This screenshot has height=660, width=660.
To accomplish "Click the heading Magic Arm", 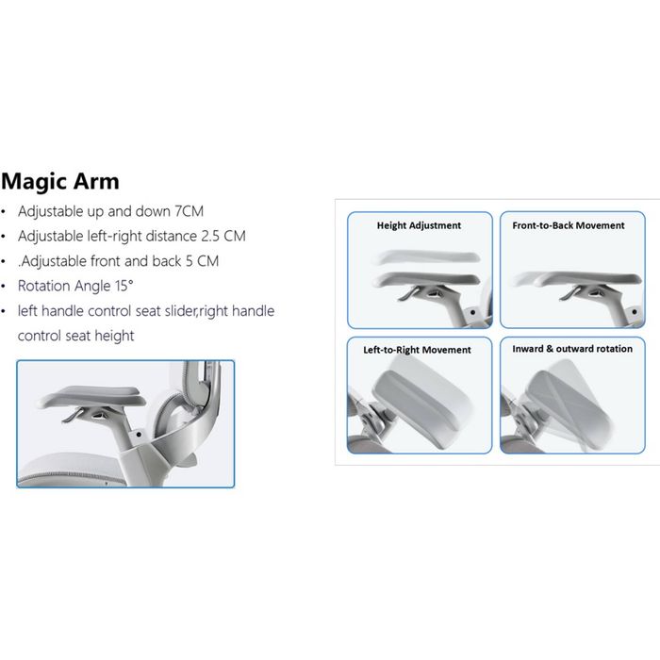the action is pyautogui.click(x=60, y=182).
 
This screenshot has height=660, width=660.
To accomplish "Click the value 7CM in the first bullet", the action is pyautogui.click(x=189, y=211).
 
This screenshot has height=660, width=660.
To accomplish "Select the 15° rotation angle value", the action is pyautogui.click(x=124, y=286).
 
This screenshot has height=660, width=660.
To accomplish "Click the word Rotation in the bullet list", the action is pyautogui.click(x=43, y=286).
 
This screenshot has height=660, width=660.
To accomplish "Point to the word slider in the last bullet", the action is pyautogui.click(x=181, y=311).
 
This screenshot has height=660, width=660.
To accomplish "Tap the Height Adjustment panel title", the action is pyautogui.click(x=419, y=225).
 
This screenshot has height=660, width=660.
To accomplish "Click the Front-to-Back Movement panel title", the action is pyautogui.click(x=569, y=225).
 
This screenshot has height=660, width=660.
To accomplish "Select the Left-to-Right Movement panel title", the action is pyautogui.click(x=417, y=350).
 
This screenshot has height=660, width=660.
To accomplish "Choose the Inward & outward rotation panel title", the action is pyautogui.click(x=572, y=349).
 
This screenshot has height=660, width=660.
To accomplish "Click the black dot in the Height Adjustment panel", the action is pyautogui.click(x=472, y=312).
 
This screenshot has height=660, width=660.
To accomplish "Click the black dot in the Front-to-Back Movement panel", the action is pyautogui.click(x=635, y=312).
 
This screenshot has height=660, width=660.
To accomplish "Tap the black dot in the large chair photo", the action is pyautogui.click(x=139, y=435).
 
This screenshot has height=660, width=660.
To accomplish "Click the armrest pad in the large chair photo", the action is pyautogui.click(x=92, y=397).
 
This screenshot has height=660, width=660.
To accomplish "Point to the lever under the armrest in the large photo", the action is pyautogui.click(x=73, y=416).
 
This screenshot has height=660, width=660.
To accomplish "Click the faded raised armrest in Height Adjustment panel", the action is pyautogui.click(x=427, y=256).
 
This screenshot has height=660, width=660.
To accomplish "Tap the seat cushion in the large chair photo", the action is pyautogui.click(x=72, y=470).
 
